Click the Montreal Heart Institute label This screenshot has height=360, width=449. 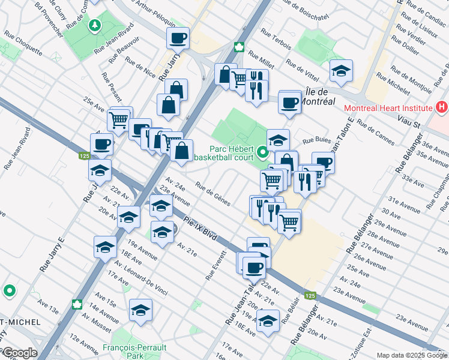coord(388,108)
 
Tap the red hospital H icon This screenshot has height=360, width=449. coord(442,107)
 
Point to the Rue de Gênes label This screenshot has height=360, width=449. coord(212,194)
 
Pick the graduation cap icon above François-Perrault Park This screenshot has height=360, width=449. coord(141,310)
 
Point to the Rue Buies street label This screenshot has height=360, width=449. coord(316,140)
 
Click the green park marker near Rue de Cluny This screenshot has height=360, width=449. coord(95,26)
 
